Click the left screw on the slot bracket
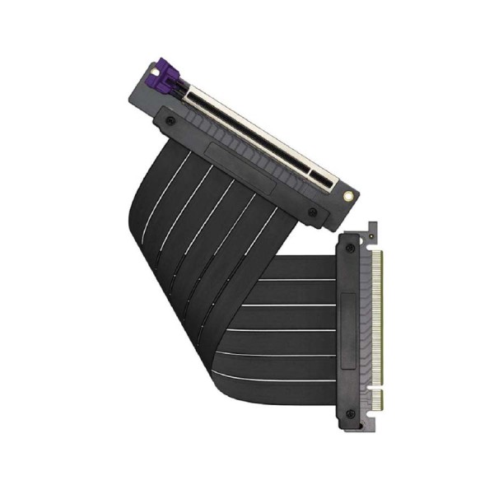[170, 121]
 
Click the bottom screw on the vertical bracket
[352, 412]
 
